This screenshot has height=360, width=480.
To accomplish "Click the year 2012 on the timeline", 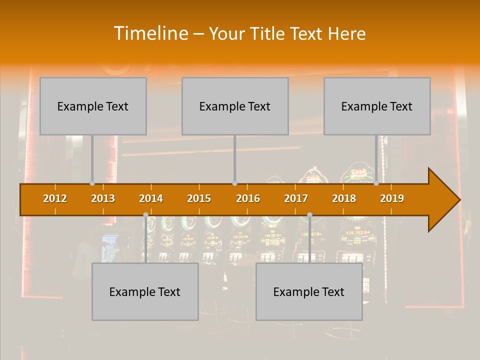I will (55, 198).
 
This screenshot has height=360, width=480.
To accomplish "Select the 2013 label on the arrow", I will (103, 198).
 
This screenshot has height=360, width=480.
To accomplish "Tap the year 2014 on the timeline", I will (151, 198).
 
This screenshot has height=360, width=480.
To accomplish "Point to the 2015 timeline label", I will (199, 198).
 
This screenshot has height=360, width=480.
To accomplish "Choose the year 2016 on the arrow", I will (248, 198).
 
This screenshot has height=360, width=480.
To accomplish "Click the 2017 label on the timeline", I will (296, 198).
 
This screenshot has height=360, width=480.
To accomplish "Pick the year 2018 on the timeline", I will (344, 198).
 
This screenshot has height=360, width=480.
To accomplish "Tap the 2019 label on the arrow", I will (392, 198).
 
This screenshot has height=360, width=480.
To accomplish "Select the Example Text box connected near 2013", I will (93, 106).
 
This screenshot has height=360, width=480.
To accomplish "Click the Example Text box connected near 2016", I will (235, 106).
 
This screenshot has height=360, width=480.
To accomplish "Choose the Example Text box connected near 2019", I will (377, 106).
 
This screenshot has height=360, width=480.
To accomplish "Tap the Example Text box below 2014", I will (145, 291).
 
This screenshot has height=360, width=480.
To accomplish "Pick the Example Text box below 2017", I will (309, 291).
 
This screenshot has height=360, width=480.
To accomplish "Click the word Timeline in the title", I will (150, 33).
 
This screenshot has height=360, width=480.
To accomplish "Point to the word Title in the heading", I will (268, 33).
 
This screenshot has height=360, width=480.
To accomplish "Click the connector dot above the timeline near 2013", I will (92, 183).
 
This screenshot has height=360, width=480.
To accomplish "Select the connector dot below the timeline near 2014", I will (145, 215).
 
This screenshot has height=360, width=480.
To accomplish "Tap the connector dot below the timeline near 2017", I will (309, 215).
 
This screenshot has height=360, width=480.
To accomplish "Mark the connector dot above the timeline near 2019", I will (376, 183).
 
